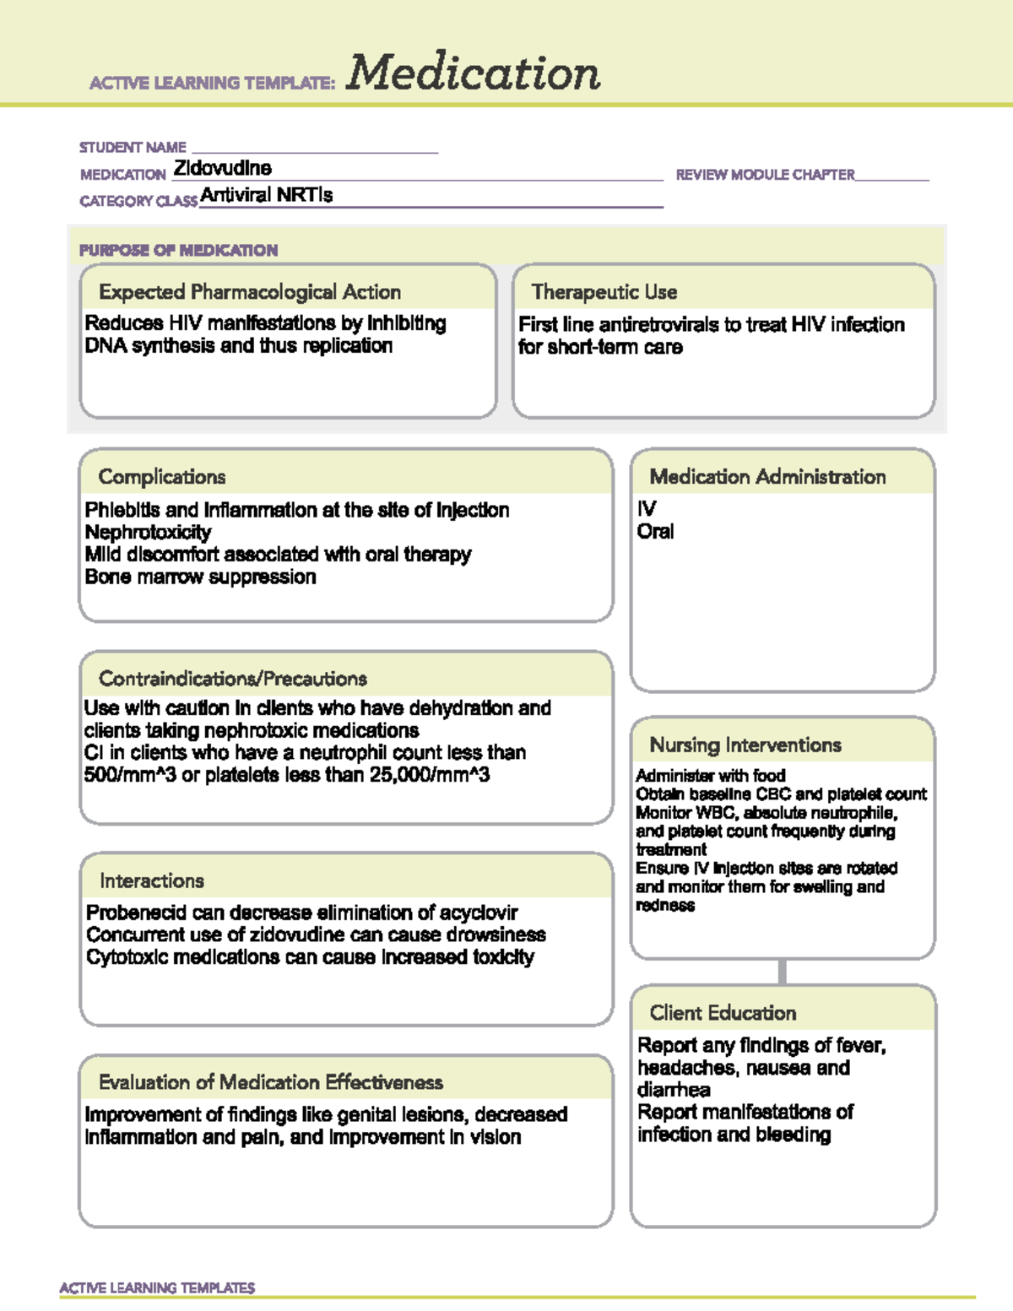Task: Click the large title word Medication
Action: coord(473,73)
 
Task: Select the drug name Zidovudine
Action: coord(223,168)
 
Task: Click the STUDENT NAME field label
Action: coord(133,148)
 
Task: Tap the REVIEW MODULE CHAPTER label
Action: coord(765,175)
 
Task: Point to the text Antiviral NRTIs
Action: coord(267,195)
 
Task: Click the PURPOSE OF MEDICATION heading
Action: coord(178,250)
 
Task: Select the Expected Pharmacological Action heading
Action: coord(250,292)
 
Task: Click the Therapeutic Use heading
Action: coord(604,292)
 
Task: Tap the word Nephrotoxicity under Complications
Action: coord(148,533)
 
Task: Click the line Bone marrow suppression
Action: coord(200,577)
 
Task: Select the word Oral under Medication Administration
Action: coord(655,532)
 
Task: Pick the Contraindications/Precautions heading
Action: coord(233,679)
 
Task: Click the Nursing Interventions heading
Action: coord(745,745)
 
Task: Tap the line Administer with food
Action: coord(710,775)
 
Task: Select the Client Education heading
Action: coord(723,1013)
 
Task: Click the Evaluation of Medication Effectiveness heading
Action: coord(271,1082)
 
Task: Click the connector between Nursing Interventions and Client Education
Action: coord(783,972)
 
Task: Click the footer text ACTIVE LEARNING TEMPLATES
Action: coord(157,1287)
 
